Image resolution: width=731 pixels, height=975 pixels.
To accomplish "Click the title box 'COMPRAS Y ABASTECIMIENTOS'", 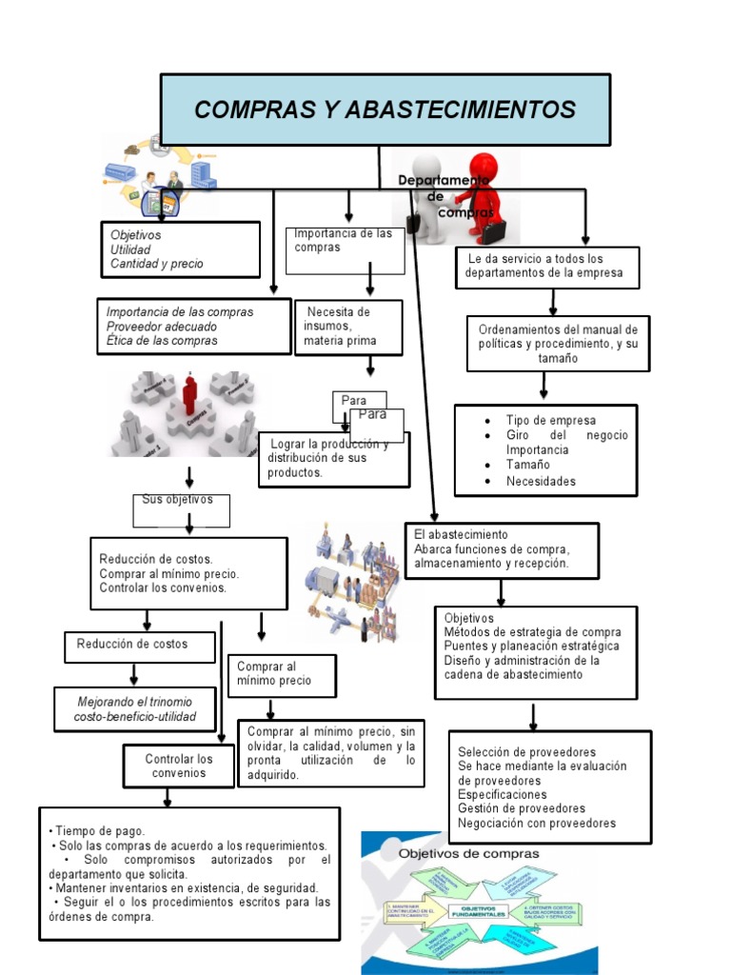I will [x=385, y=109].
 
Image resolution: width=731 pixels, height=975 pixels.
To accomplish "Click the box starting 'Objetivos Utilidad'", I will [x=180, y=249].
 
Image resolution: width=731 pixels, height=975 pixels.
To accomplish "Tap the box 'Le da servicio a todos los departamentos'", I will [x=546, y=267].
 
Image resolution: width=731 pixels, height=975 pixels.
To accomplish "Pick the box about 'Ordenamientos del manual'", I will [x=558, y=344].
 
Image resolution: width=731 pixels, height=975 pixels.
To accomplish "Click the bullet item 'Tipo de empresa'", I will [x=551, y=421].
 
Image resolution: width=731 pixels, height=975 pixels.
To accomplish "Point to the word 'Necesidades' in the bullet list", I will [x=541, y=481].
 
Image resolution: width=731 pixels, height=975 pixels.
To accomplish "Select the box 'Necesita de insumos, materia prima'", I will [x=347, y=327].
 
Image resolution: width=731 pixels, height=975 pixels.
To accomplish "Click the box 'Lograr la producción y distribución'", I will [x=333, y=458].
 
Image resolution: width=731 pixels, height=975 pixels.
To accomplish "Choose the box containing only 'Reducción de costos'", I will [x=132, y=645].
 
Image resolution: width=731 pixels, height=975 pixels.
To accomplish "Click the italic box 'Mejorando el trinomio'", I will [x=134, y=708].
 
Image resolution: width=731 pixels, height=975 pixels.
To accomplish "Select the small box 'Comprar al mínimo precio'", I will [x=282, y=674].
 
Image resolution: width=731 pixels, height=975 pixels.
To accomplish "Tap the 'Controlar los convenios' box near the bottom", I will [x=179, y=766].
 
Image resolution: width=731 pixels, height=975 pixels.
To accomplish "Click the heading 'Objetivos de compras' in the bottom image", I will [x=468, y=853].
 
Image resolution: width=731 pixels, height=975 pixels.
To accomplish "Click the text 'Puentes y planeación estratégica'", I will [x=531, y=646].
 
